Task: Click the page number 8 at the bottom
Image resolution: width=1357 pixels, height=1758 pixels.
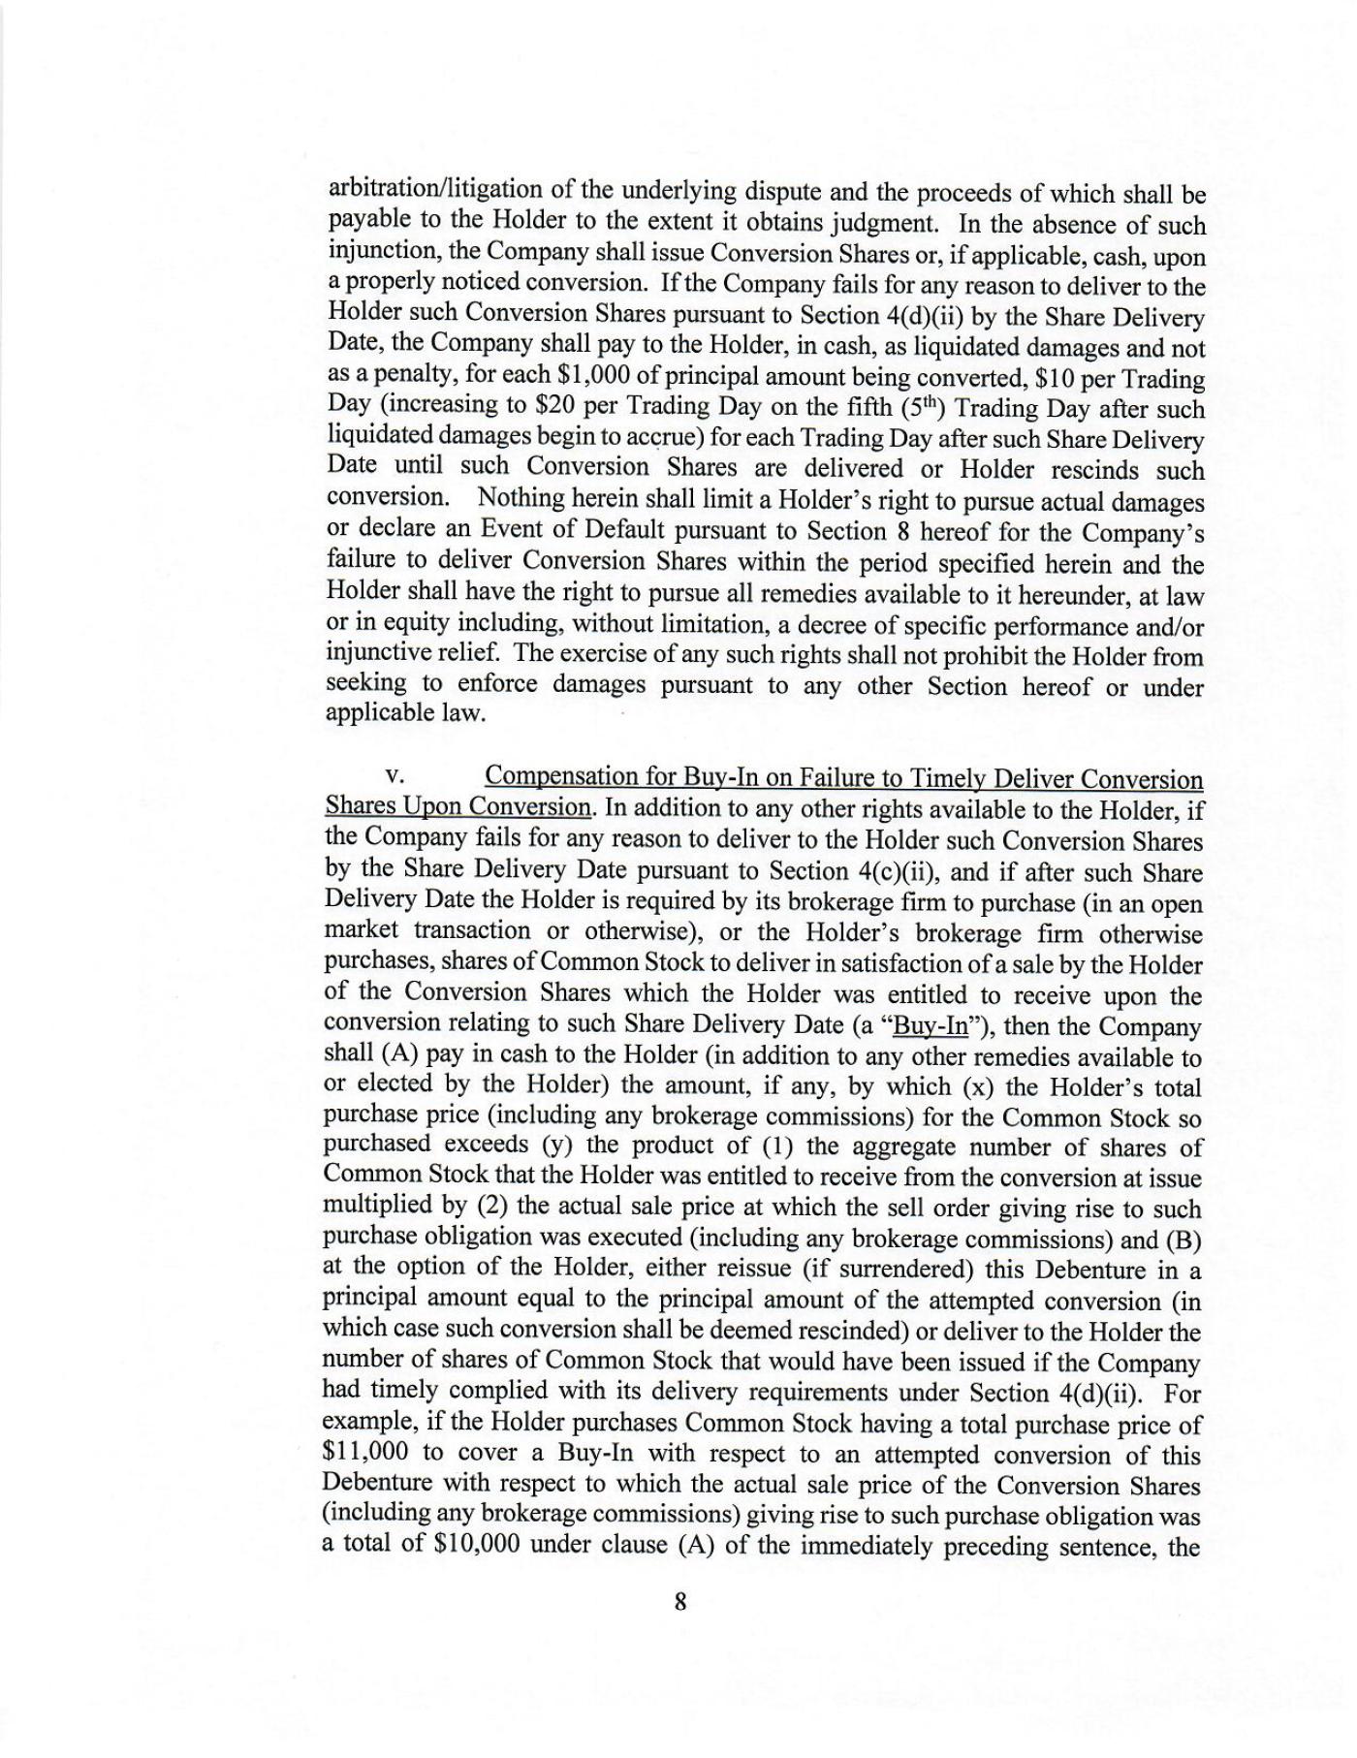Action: tap(679, 1602)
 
